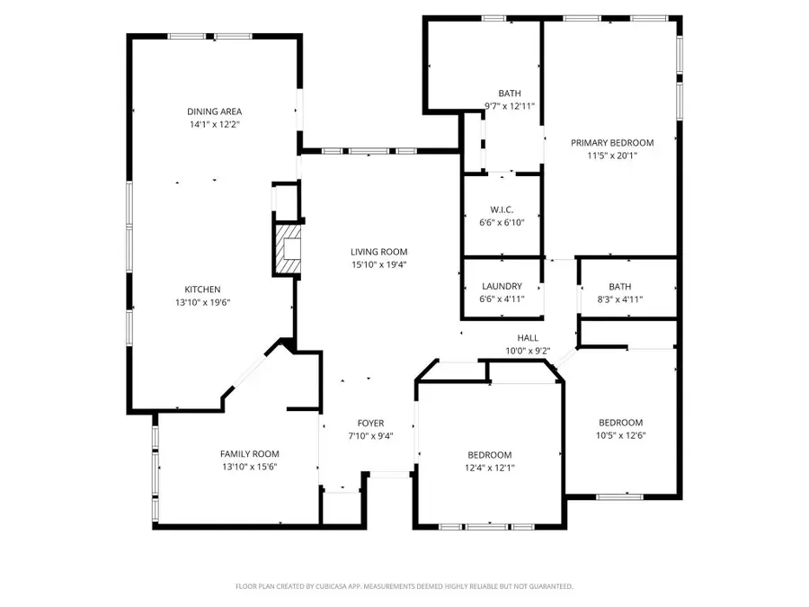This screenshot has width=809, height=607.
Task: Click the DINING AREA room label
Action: (208, 112)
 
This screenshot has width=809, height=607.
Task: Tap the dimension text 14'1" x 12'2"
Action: (208, 125)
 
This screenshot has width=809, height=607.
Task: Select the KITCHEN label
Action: (202, 290)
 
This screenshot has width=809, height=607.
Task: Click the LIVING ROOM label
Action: (379, 252)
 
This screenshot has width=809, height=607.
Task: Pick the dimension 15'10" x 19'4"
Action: (379, 265)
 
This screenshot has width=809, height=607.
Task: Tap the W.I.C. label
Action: (502, 211)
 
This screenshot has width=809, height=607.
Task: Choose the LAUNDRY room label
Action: (502, 287)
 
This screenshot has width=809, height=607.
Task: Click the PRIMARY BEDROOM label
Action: (612, 142)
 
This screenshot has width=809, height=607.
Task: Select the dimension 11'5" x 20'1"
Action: (612, 156)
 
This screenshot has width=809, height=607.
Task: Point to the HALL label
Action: (528, 338)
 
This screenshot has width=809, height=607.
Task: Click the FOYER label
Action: (370, 423)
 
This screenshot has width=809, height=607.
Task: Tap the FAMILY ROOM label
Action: (250, 454)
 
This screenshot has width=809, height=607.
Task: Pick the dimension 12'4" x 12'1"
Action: (490, 468)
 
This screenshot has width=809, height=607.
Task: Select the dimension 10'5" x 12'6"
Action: (621, 436)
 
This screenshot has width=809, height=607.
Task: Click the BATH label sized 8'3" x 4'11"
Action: (620, 287)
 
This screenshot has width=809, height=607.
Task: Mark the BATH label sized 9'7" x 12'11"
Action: (510, 94)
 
